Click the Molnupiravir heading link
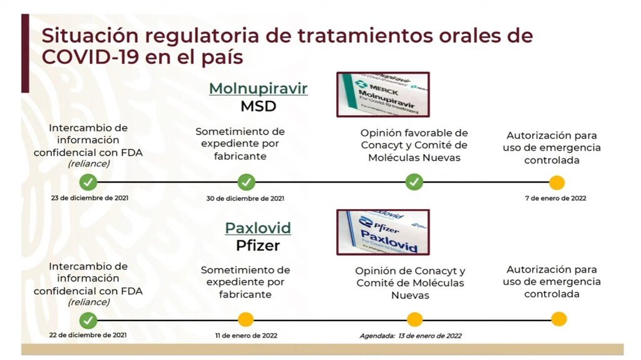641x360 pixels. (x=258, y=88)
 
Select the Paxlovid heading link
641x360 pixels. (x=258, y=228)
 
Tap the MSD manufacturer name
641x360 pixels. (x=259, y=106)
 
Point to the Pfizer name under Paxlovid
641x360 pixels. (x=258, y=245)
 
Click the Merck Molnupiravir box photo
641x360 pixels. (x=383, y=95)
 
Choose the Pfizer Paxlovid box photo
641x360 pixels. (x=383, y=232)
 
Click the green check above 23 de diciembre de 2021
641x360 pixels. (x=88, y=182)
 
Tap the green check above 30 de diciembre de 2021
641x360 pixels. (x=246, y=182)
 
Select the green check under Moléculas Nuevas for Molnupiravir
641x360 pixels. (x=414, y=182)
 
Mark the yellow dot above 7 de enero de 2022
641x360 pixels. (x=556, y=182)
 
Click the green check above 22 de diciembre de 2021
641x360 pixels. (x=88, y=321)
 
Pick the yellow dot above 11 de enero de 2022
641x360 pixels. (x=245, y=319)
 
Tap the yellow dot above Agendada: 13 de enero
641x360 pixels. (x=414, y=319)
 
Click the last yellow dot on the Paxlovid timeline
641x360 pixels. (x=558, y=319)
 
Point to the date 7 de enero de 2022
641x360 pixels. (x=556, y=198)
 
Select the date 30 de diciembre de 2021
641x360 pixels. (x=245, y=198)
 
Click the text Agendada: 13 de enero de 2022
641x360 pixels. (x=411, y=336)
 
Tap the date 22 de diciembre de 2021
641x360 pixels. (x=88, y=335)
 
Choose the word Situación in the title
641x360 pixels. (x=90, y=36)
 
